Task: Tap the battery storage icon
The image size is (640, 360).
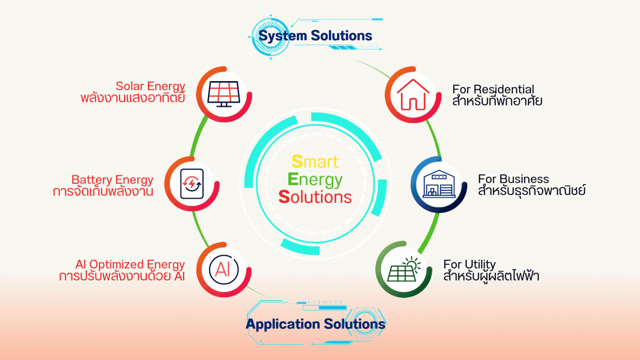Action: pos(192,183)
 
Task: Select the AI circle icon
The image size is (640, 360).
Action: pos(223,270)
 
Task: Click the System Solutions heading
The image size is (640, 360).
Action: pos(315,36)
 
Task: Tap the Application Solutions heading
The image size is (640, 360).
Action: pos(315,324)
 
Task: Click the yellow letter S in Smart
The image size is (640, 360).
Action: pos(297,162)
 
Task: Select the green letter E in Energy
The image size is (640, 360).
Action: pos(293,180)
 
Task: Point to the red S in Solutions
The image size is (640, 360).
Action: pos(284,197)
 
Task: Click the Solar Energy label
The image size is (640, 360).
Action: pos(150,86)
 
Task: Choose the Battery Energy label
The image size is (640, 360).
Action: pos(112,180)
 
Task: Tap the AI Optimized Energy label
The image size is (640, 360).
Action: pos(130,264)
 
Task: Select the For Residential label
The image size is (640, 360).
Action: pos(493,89)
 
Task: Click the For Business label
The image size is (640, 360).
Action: pos(513,179)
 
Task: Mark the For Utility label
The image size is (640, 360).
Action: pos(469,264)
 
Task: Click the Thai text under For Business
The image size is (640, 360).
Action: pos(532,191)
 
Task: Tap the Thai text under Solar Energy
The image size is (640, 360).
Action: pos(133,98)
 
